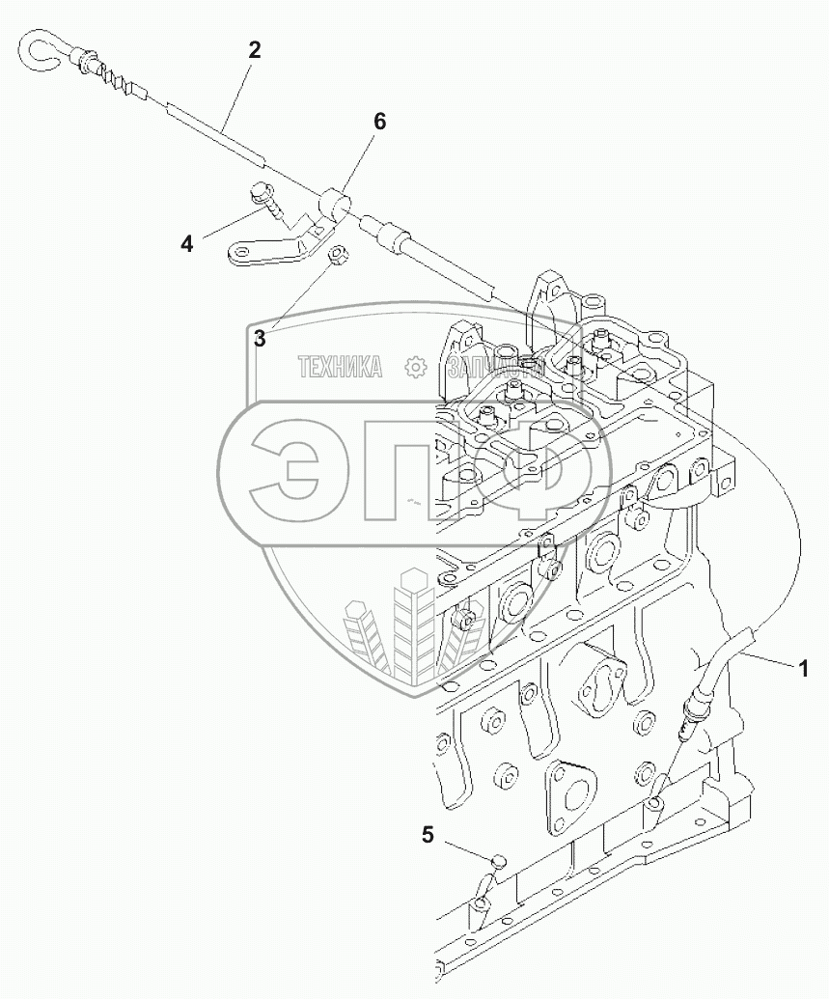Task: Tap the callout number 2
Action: click(254, 51)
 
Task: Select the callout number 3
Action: click(260, 337)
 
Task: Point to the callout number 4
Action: click(186, 243)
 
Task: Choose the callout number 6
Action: click(379, 122)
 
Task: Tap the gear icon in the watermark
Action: click(416, 367)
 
